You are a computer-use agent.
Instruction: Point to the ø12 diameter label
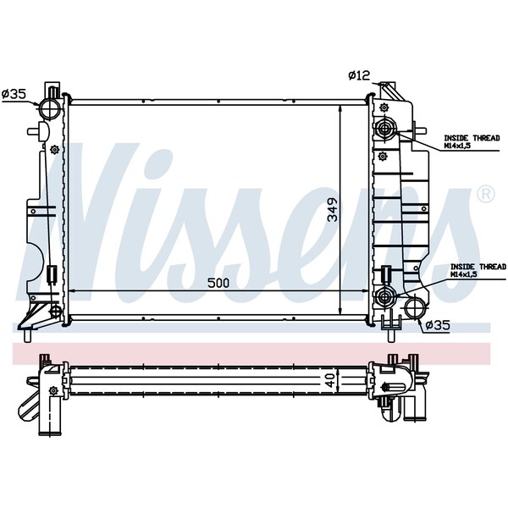pos(358,76)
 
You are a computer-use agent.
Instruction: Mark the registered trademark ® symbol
pos(485,195)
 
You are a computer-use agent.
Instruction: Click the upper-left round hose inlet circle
pos(49,109)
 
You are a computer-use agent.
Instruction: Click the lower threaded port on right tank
pos(387,296)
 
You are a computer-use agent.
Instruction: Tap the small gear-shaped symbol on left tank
pos(55,151)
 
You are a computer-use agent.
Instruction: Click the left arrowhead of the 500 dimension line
pos(69,291)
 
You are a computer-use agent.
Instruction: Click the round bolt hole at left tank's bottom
pos(56,311)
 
